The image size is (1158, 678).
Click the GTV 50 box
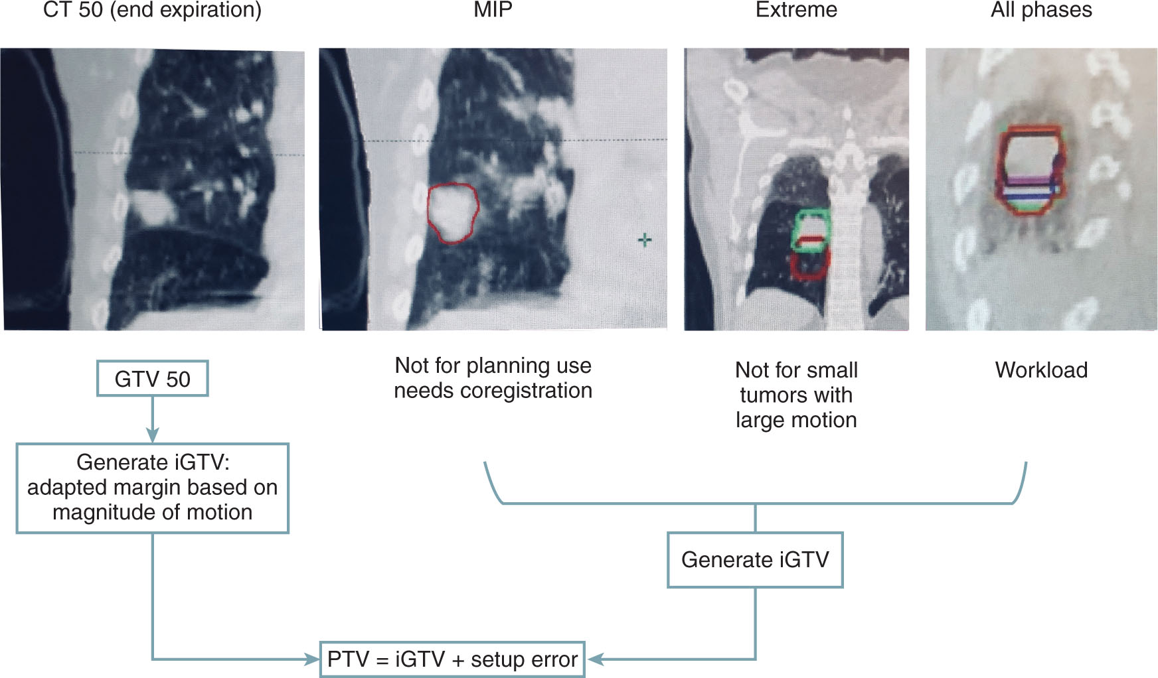152,379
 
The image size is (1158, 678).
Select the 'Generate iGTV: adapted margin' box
152,488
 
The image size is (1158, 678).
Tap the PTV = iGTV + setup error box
452,659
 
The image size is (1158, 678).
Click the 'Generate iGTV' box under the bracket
755,560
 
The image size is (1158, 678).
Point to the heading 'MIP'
493,10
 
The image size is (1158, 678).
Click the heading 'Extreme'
796,10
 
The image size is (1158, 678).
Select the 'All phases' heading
1041,10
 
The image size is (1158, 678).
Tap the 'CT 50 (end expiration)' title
152,10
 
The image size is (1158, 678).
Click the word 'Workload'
1041,370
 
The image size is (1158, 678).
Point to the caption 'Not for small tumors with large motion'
796,395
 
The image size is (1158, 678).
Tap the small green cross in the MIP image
644,239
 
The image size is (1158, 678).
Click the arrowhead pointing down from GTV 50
153,435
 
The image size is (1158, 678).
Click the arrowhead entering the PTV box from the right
595,659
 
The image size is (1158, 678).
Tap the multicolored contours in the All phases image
1029,171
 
